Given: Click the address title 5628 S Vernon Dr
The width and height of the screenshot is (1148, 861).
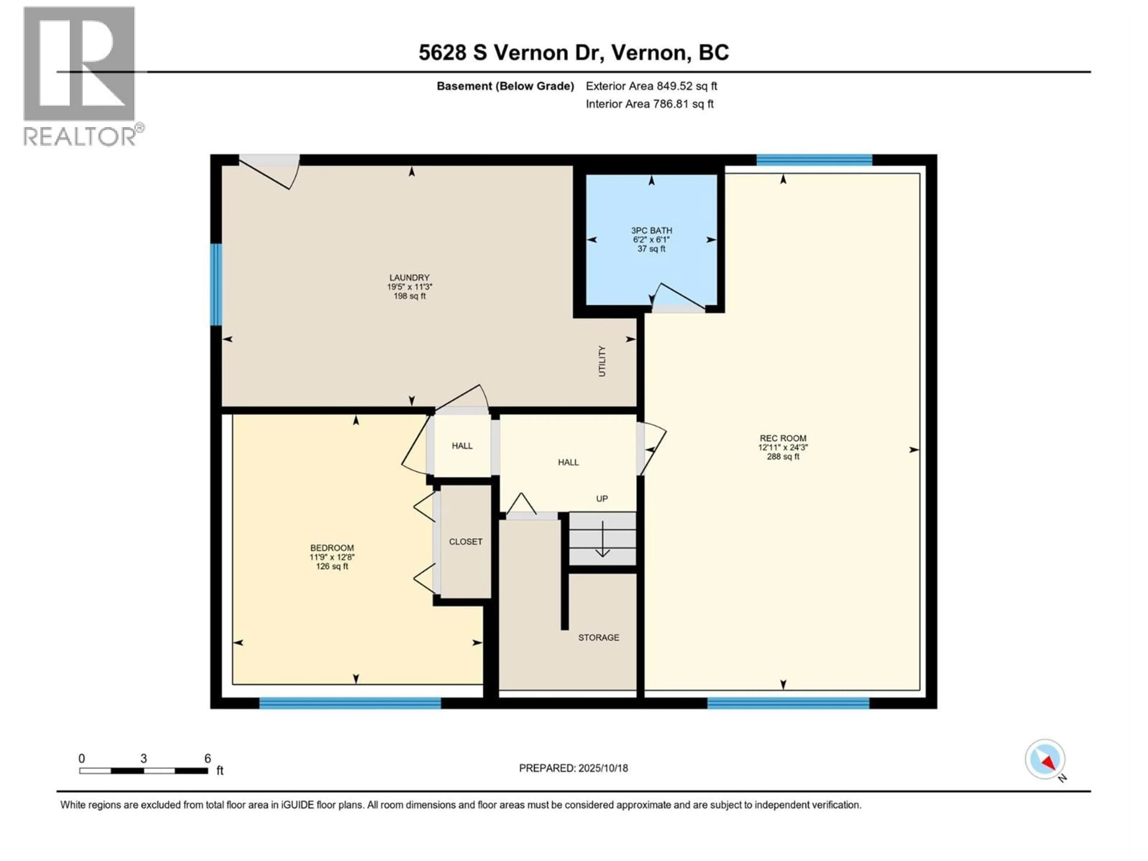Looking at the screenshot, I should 573,52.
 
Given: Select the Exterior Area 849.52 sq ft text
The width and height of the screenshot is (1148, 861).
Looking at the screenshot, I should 651,86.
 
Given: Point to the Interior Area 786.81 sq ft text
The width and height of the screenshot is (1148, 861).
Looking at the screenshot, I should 650,104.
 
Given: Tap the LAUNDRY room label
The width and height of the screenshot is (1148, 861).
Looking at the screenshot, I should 410,278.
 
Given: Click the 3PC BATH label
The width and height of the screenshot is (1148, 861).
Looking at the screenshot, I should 651,230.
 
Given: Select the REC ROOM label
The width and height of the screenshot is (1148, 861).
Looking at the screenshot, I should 783,438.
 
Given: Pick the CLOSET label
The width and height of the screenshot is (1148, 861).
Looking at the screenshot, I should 465,541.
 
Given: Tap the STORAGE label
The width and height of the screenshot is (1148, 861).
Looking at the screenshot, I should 599,637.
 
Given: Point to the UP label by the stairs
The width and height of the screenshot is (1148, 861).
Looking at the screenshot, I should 602,499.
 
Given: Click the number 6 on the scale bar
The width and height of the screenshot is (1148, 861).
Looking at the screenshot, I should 207,758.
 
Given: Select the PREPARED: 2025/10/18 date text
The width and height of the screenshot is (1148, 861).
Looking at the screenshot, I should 573,768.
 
